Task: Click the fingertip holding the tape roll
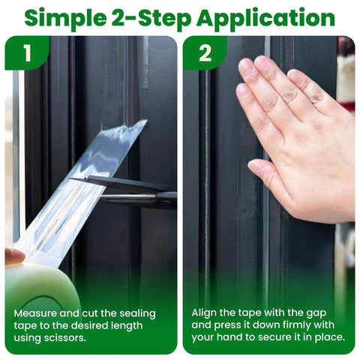(x=13, y=256)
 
